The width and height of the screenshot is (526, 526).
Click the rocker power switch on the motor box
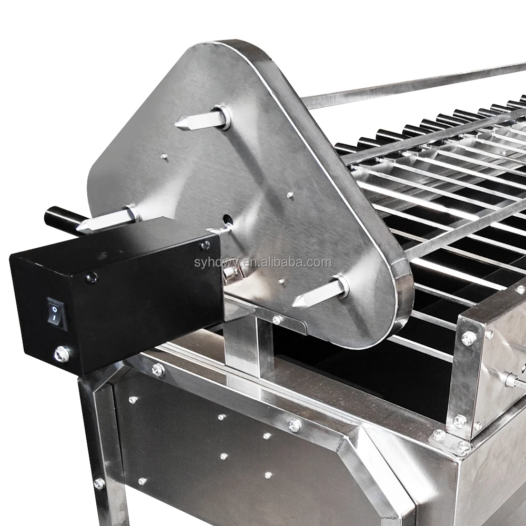pos(56,311)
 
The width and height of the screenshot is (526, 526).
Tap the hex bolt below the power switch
pos(62,354)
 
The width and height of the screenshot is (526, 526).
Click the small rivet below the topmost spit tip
pos(164,156)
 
